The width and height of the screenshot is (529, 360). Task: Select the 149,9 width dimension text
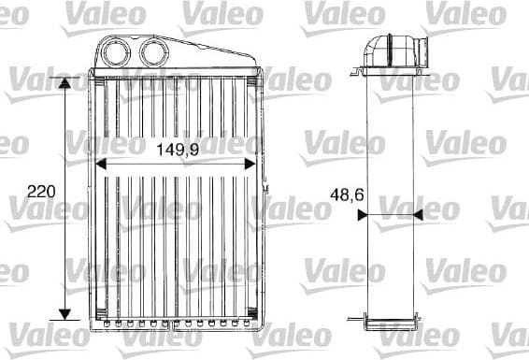176,147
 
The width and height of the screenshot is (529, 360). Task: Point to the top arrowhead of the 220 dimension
64,84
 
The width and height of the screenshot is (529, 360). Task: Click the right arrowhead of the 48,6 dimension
409,213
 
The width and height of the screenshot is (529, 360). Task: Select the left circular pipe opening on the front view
120,50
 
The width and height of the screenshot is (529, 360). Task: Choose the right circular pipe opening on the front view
152,50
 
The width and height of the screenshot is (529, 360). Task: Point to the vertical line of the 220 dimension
64,234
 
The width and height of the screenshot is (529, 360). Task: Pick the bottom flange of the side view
386,323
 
